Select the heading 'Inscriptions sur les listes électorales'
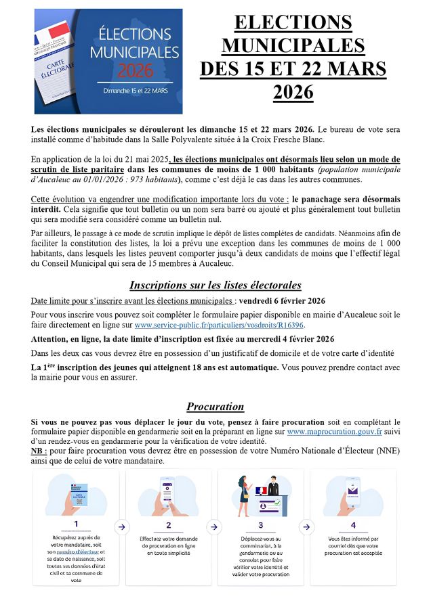(x=215, y=285)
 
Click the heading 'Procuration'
(x=215, y=407)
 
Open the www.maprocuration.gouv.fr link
(x=335, y=430)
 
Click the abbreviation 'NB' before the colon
(x=38, y=451)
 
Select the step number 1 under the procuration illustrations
(x=76, y=524)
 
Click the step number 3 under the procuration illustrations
(x=261, y=524)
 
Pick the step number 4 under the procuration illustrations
(x=352, y=524)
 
